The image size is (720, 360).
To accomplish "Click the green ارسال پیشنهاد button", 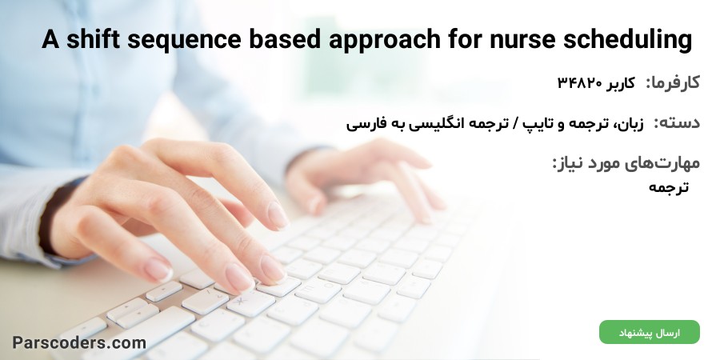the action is point(650,333).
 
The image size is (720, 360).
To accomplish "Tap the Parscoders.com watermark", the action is point(79,342).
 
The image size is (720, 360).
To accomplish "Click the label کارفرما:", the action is point(673,83).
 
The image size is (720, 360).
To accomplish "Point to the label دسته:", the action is point(677,123).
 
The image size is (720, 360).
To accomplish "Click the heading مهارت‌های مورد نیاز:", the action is point(626,163).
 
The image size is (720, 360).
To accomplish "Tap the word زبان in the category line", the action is point(632,123).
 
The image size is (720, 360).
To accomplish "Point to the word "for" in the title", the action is point(465,39).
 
